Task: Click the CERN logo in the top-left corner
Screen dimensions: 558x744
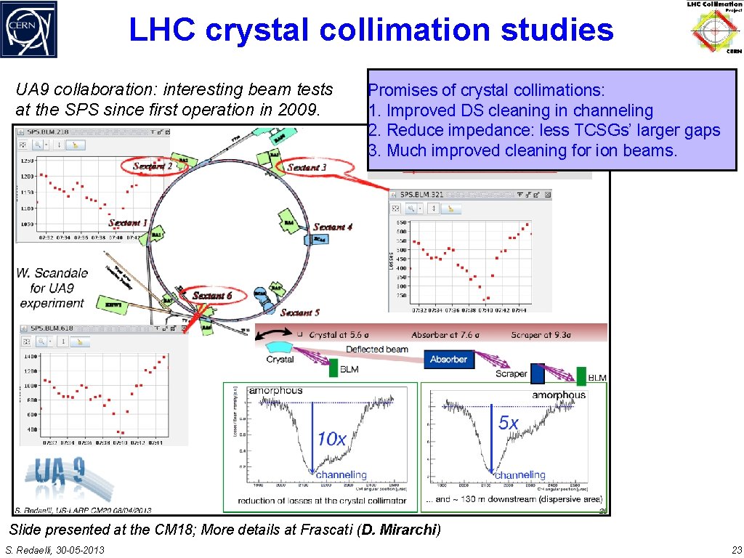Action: click(x=28, y=29)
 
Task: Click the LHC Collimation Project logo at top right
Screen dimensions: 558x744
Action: click(x=714, y=28)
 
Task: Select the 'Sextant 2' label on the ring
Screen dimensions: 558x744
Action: click(x=153, y=166)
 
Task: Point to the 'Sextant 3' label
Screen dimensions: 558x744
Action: click(x=307, y=167)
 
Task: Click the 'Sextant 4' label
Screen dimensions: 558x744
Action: click(x=333, y=227)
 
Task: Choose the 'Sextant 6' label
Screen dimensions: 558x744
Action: click(x=212, y=296)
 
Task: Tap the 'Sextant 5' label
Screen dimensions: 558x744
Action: click(x=299, y=312)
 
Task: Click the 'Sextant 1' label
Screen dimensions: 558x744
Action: click(x=128, y=223)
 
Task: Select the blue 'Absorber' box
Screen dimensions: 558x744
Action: click(x=448, y=360)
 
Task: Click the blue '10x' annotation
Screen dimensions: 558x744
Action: click(x=331, y=439)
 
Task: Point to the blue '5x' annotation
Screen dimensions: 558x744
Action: click(x=509, y=423)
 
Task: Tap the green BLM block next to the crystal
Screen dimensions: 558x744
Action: click(x=333, y=368)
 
